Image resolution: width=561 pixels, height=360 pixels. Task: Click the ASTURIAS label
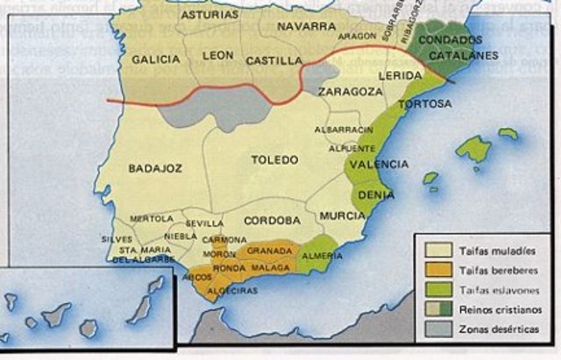pyautogui.click(x=211, y=15)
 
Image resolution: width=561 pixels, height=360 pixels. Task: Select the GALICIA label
pyautogui.click(x=155, y=60)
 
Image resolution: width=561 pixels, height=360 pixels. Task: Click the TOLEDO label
pyautogui.click(x=276, y=159)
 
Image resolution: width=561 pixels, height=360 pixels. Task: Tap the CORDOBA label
pyautogui.click(x=272, y=220)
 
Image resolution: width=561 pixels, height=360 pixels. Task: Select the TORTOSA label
pyautogui.click(x=424, y=104)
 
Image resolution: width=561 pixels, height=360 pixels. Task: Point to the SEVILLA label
pyautogui.click(x=205, y=222)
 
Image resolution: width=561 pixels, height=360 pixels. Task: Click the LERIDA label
pyautogui.click(x=401, y=76)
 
